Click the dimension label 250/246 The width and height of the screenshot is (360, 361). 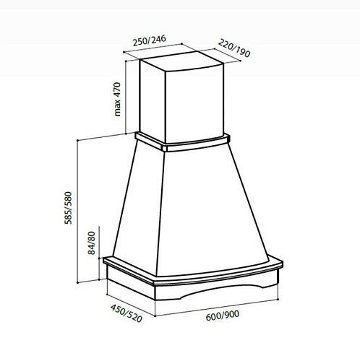(150, 40)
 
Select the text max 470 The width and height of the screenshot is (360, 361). (117, 99)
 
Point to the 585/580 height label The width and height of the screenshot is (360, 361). (68, 208)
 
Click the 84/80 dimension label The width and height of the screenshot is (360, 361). (92, 243)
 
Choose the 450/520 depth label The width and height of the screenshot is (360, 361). (127, 313)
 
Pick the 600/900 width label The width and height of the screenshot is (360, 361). (223, 316)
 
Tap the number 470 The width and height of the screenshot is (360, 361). (117, 90)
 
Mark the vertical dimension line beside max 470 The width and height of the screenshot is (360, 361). (126, 97)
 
